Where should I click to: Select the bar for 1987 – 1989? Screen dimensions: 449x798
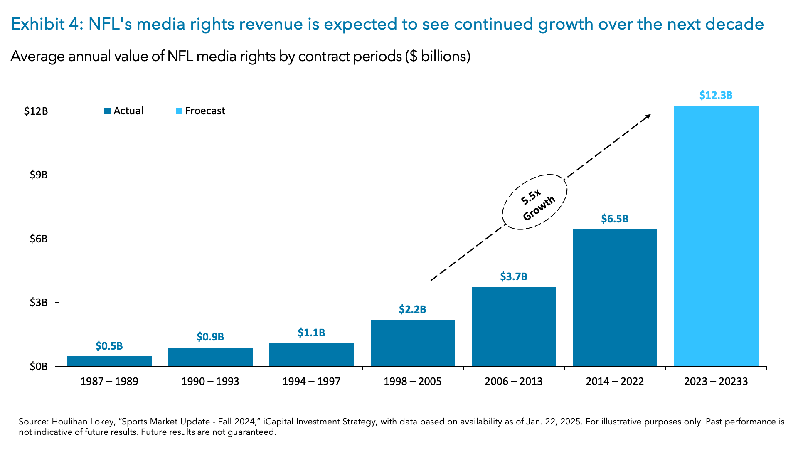[x=109, y=361]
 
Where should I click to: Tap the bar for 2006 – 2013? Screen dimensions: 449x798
[x=514, y=326]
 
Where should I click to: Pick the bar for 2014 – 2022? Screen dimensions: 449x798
[x=615, y=297]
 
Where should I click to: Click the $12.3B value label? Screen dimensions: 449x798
[x=716, y=95]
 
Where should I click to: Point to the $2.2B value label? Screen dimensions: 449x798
[x=412, y=309]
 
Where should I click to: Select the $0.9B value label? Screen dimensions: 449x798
[x=210, y=337]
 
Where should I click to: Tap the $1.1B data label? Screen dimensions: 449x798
[x=311, y=333]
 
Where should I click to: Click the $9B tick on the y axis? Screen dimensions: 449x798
[x=39, y=175]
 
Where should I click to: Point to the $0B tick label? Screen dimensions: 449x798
[x=39, y=367]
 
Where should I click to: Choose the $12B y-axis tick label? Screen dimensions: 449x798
[x=36, y=111]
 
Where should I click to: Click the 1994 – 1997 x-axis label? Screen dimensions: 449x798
[x=311, y=381]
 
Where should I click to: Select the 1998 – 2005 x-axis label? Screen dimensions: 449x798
[x=412, y=381]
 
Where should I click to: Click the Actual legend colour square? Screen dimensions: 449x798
[x=108, y=111]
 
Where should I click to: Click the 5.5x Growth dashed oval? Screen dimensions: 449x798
[x=534, y=202]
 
